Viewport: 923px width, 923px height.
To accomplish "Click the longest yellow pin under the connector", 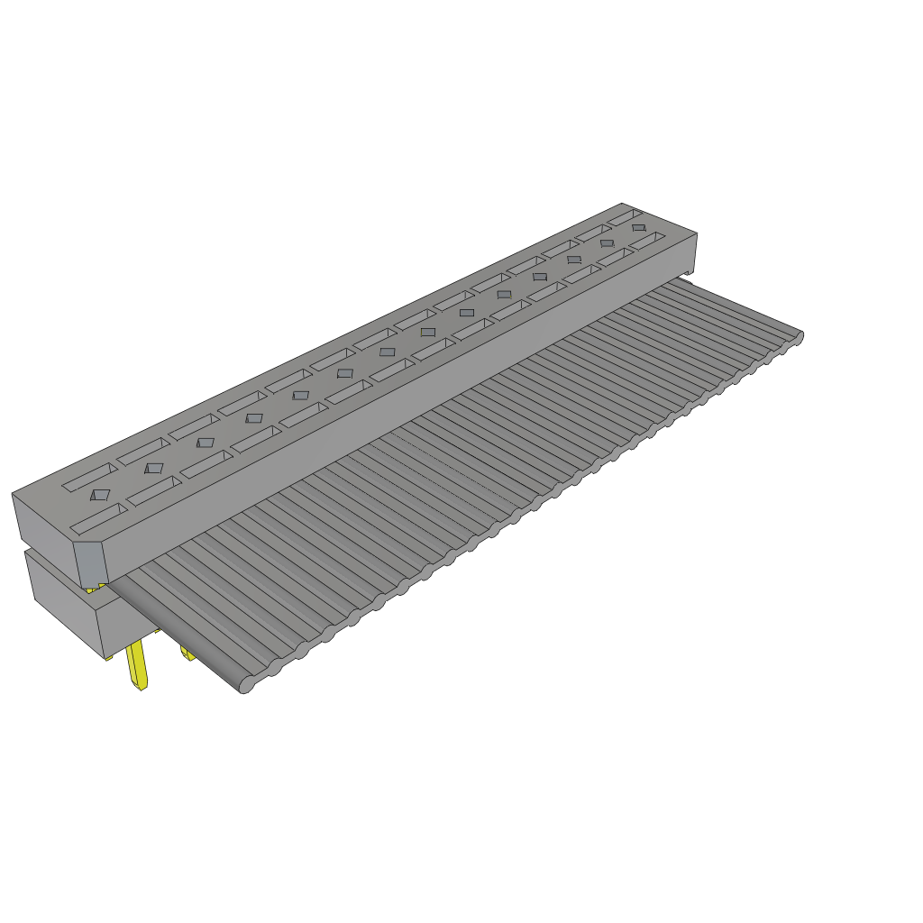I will [x=138, y=668].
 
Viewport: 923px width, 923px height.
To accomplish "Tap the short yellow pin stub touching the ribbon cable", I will [x=187, y=653].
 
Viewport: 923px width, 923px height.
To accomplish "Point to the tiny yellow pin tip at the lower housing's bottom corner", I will [x=109, y=658].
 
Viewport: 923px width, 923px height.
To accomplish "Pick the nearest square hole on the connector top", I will [x=100, y=495].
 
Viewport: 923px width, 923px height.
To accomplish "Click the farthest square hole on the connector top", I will [x=638, y=227].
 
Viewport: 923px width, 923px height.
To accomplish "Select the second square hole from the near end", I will [x=154, y=468].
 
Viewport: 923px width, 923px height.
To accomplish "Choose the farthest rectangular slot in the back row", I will [x=624, y=216].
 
